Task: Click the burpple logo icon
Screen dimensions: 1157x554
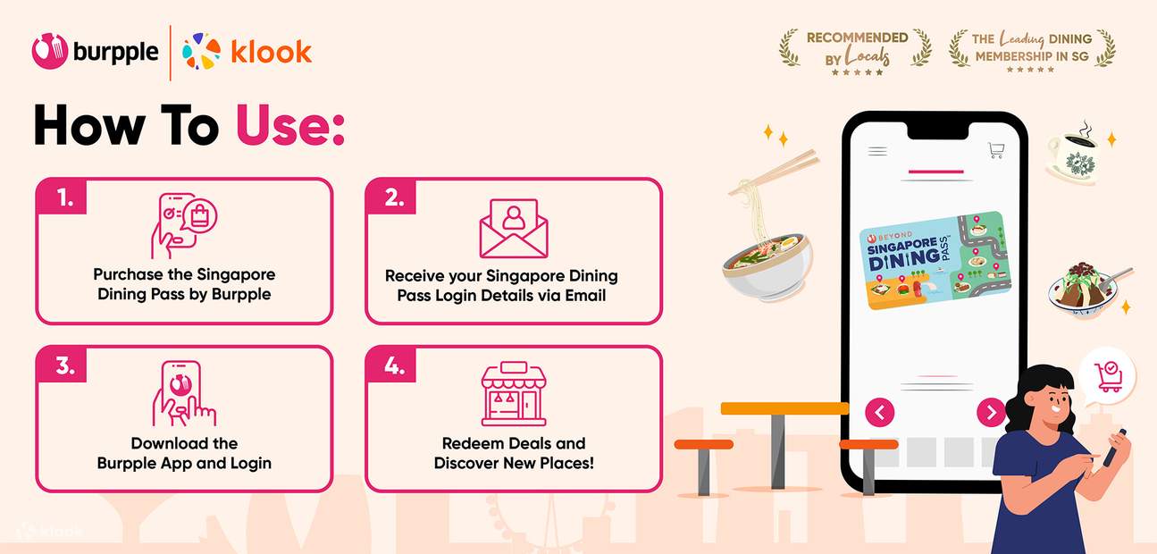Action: click(x=50, y=51)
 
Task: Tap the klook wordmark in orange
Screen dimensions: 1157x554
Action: click(x=271, y=52)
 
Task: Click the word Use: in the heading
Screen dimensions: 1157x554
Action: click(x=290, y=126)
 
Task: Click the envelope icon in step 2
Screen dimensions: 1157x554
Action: click(x=514, y=228)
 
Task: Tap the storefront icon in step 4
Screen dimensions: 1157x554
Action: click(x=514, y=393)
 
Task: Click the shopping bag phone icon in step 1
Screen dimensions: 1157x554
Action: click(x=184, y=226)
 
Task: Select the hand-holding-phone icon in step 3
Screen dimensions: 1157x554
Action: click(x=184, y=393)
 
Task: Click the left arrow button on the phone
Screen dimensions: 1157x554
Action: click(x=880, y=413)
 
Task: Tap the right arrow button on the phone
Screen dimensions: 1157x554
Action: click(x=991, y=413)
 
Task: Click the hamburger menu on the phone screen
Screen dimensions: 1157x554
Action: click(x=877, y=151)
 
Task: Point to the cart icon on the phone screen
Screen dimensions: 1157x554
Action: click(x=996, y=150)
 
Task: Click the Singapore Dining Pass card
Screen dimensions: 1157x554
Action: click(x=935, y=260)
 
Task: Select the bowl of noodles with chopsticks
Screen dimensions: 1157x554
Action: click(x=768, y=226)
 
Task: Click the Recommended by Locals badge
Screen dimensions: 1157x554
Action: click(x=856, y=52)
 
